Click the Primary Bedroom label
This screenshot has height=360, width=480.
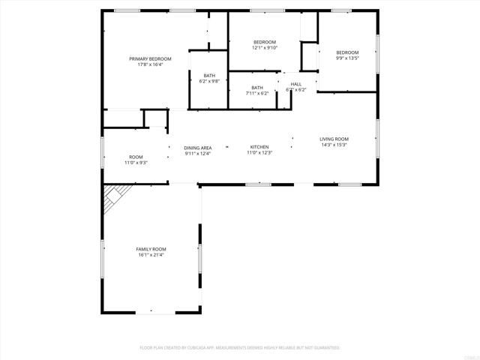(x=150, y=58)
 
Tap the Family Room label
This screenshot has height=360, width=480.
(x=151, y=249)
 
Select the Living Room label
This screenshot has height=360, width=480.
(x=334, y=139)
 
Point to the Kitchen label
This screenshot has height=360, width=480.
(x=259, y=147)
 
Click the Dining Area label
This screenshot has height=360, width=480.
(x=198, y=148)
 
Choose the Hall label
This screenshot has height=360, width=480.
(x=296, y=83)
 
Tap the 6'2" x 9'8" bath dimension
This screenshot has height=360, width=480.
(x=210, y=81)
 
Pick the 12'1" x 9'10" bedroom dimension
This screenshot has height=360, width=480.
(x=265, y=47)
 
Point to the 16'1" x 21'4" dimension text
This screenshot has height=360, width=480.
(x=151, y=255)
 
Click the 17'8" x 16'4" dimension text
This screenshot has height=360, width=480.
(x=150, y=64)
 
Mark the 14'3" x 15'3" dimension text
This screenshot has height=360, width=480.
(x=334, y=145)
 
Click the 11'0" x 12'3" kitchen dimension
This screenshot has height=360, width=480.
(x=259, y=153)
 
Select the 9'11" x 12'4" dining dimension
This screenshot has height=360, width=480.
(x=198, y=154)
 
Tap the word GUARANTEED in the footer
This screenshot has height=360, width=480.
(x=326, y=348)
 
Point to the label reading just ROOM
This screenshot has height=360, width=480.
(x=136, y=157)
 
